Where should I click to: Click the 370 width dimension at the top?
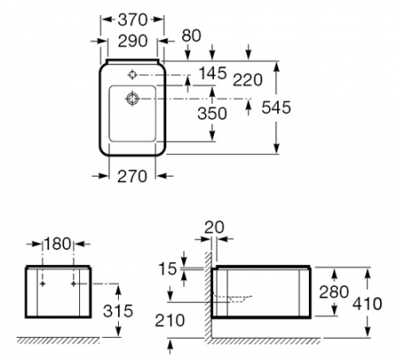click(133, 20)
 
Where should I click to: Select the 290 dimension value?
click(133, 40)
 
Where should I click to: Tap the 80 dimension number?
click(191, 35)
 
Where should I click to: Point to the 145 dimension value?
click(213, 73)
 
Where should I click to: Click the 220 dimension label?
click(247, 80)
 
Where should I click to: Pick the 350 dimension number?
click(212, 114)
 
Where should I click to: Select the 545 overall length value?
click(276, 107)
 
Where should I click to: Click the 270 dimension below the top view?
click(132, 177)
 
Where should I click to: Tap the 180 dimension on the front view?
click(57, 244)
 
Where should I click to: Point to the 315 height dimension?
click(118, 311)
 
